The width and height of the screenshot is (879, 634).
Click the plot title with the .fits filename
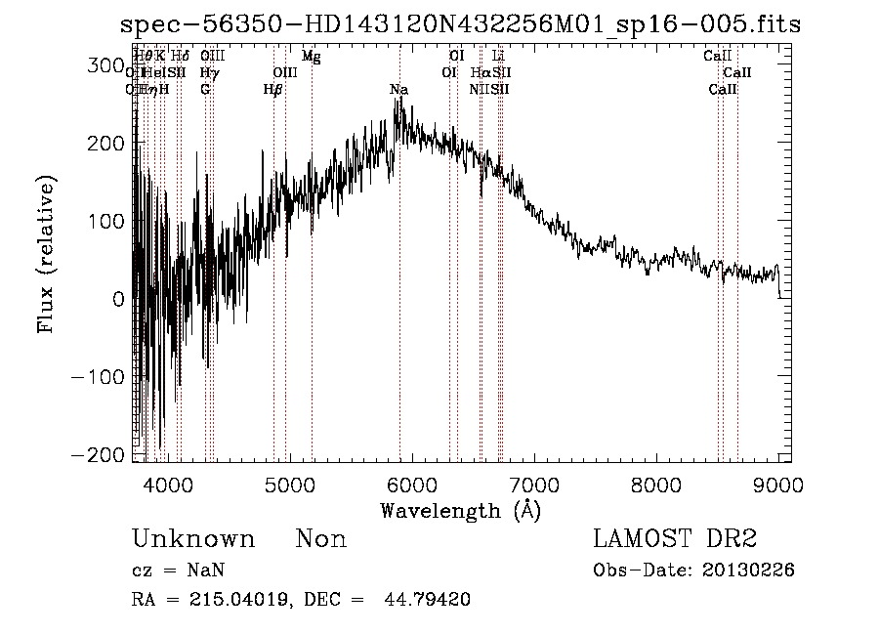coord(459,24)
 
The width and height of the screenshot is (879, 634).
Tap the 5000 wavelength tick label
coord(289,484)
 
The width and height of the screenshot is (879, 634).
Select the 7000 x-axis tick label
coord(533,484)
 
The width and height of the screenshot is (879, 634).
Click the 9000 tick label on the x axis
coord(777,484)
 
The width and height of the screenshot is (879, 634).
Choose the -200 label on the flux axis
coord(99,455)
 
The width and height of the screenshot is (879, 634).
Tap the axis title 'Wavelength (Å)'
coord(460,510)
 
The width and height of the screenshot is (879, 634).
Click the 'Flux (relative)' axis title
coord(47,254)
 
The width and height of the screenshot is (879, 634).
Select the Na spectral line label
coord(398,90)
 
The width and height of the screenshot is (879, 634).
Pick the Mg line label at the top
coord(312,57)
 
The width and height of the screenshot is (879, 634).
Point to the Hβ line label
coord(272,90)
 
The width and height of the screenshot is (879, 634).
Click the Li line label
coord(499,57)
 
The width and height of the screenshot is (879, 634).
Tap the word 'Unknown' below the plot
coord(193,539)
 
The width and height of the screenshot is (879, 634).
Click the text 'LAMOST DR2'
coord(675,539)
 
